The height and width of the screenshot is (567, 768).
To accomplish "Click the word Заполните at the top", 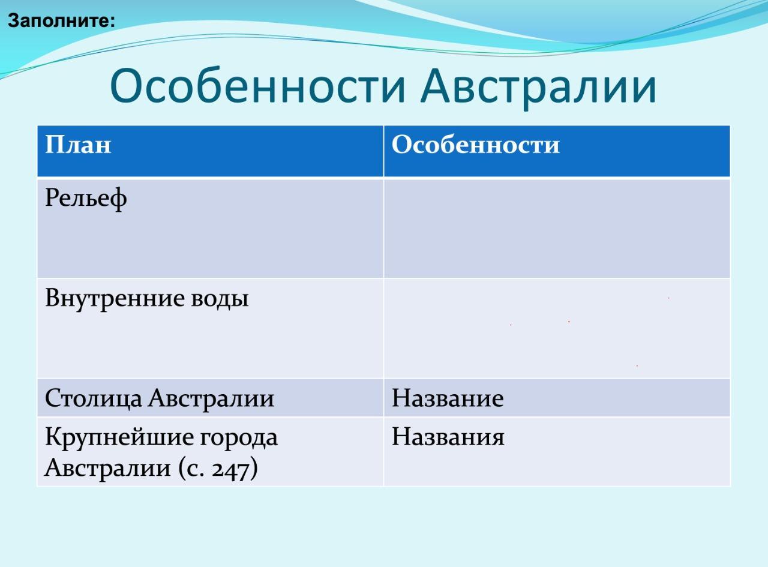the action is pyautogui.click(x=59, y=21).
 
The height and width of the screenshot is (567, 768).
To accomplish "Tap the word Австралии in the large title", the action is pyautogui.click(x=538, y=89).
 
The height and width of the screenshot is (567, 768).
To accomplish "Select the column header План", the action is pyautogui.click(x=78, y=144).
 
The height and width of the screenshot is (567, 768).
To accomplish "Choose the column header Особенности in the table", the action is pyautogui.click(x=475, y=144).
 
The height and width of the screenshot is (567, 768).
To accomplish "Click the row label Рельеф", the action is pyautogui.click(x=86, y=199).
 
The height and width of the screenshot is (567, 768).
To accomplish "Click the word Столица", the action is pyautogui.click(x=94, y=398).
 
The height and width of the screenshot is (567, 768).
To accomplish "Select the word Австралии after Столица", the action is pyautogui.click(x=211, y=398).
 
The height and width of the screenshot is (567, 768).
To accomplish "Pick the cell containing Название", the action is pyautogui.click(x=557, y=398).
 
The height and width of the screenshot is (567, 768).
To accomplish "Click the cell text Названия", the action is pyautogui.click(x=448, y=437).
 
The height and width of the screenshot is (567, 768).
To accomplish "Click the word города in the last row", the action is pyautogui.click(x=239, y=439).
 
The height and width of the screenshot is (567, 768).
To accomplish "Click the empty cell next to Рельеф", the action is pyautogui.click(x=557, y=228).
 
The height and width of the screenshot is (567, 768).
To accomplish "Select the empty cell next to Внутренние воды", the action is pyautogui.click(x=557, y=328).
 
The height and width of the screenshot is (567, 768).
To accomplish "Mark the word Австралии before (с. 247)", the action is pyautogui.click(x=107, y=468).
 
